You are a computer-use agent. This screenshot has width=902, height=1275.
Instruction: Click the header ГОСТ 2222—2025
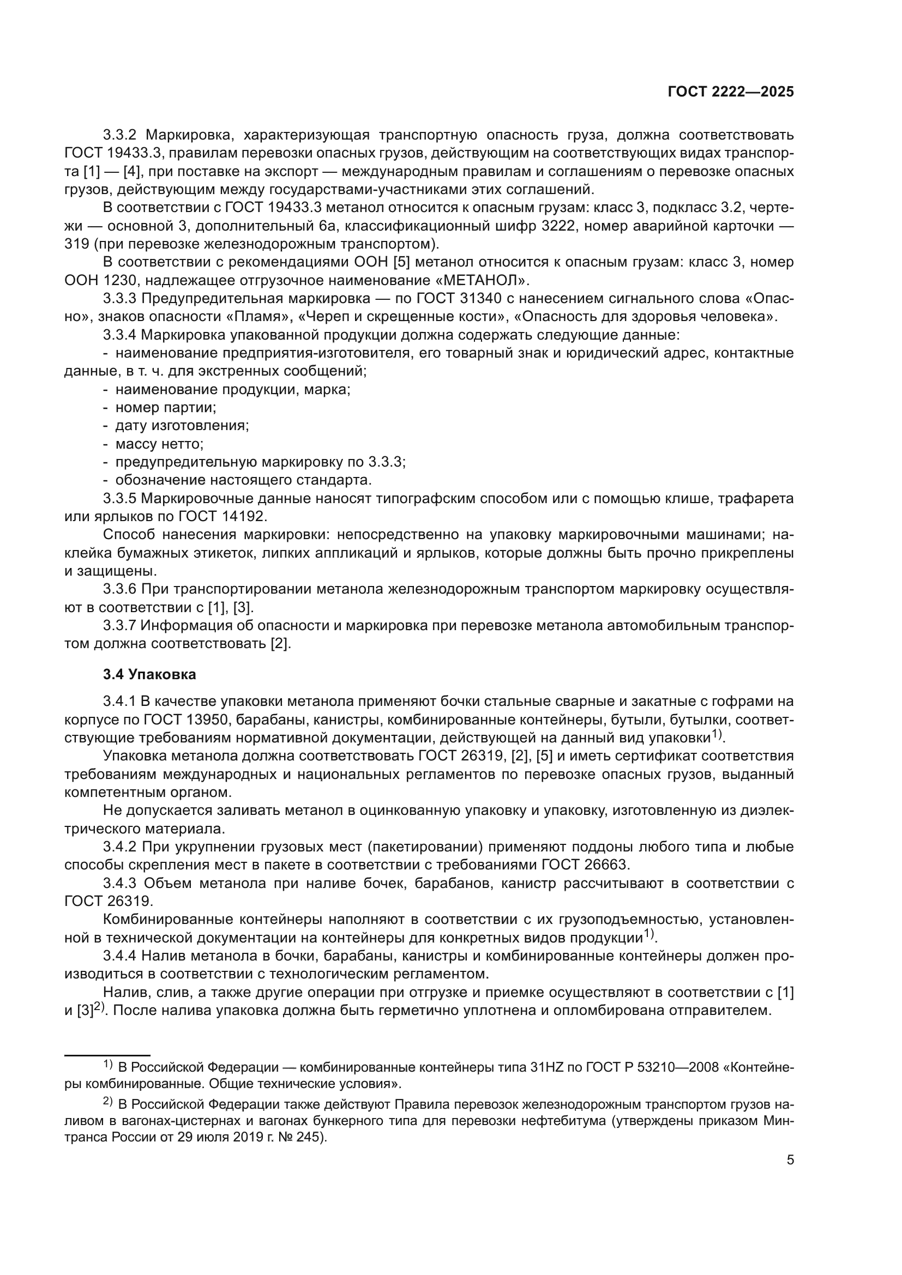[730, 92]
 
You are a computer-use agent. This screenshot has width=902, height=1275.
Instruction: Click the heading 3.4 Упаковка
[149, 675]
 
